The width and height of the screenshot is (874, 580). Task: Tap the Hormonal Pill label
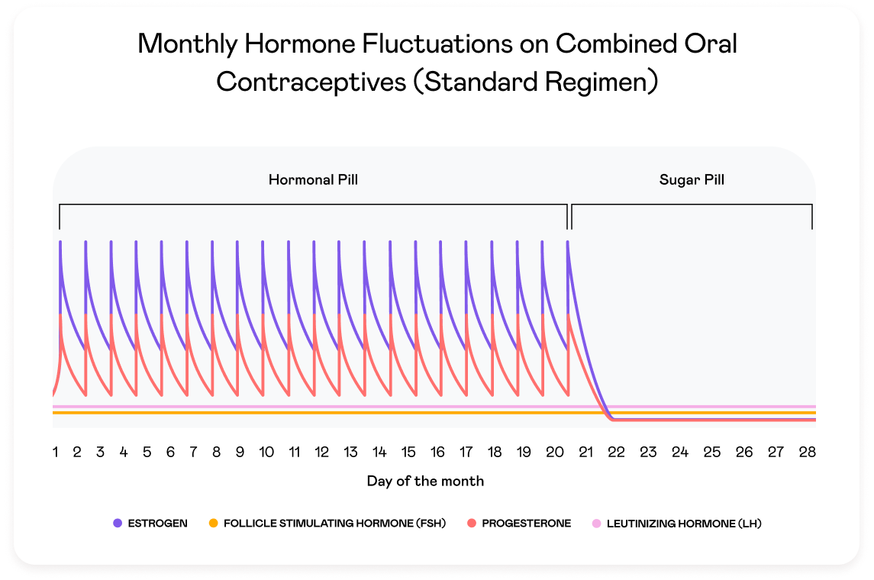pos(313,180)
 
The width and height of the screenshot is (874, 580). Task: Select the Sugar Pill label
pos(692,180)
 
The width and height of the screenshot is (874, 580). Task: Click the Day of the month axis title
pos(425,481)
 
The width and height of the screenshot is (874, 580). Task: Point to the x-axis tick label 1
pos(56,452)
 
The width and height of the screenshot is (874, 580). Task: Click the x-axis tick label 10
pos(266,452)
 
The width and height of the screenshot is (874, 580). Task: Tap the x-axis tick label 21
pos(585,452)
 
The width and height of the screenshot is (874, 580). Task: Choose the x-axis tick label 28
pos(808,452)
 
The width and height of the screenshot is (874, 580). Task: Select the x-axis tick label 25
pos(711,452)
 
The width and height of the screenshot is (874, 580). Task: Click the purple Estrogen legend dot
pos(118,524)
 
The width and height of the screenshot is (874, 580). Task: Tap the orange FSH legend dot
pos(213,524)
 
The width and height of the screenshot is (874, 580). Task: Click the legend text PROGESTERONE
pos(527,524)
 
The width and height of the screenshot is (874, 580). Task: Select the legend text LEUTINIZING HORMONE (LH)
pos(684,524)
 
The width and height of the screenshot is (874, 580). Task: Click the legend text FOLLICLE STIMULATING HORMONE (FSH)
pos(334,524)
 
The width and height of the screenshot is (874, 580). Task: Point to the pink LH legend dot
pos(596,524)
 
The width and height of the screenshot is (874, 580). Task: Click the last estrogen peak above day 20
pos(568,243)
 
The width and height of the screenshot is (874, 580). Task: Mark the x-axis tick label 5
pos(147,452)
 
